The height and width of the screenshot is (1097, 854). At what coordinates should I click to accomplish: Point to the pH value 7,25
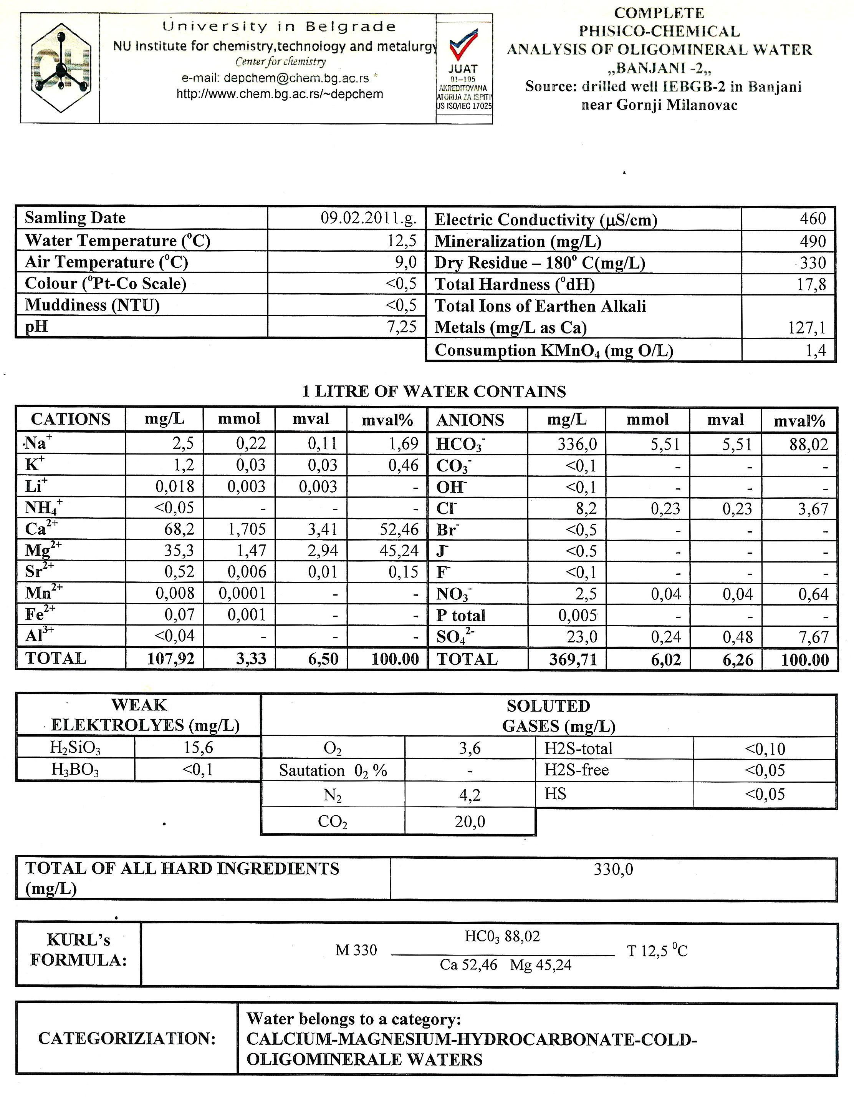(402, 327)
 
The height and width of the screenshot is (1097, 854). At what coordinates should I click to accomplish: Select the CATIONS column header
(71, 420)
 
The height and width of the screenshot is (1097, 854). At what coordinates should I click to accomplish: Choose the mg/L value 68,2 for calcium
(179, 529)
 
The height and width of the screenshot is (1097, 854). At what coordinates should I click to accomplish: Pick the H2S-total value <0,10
(765, 749)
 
